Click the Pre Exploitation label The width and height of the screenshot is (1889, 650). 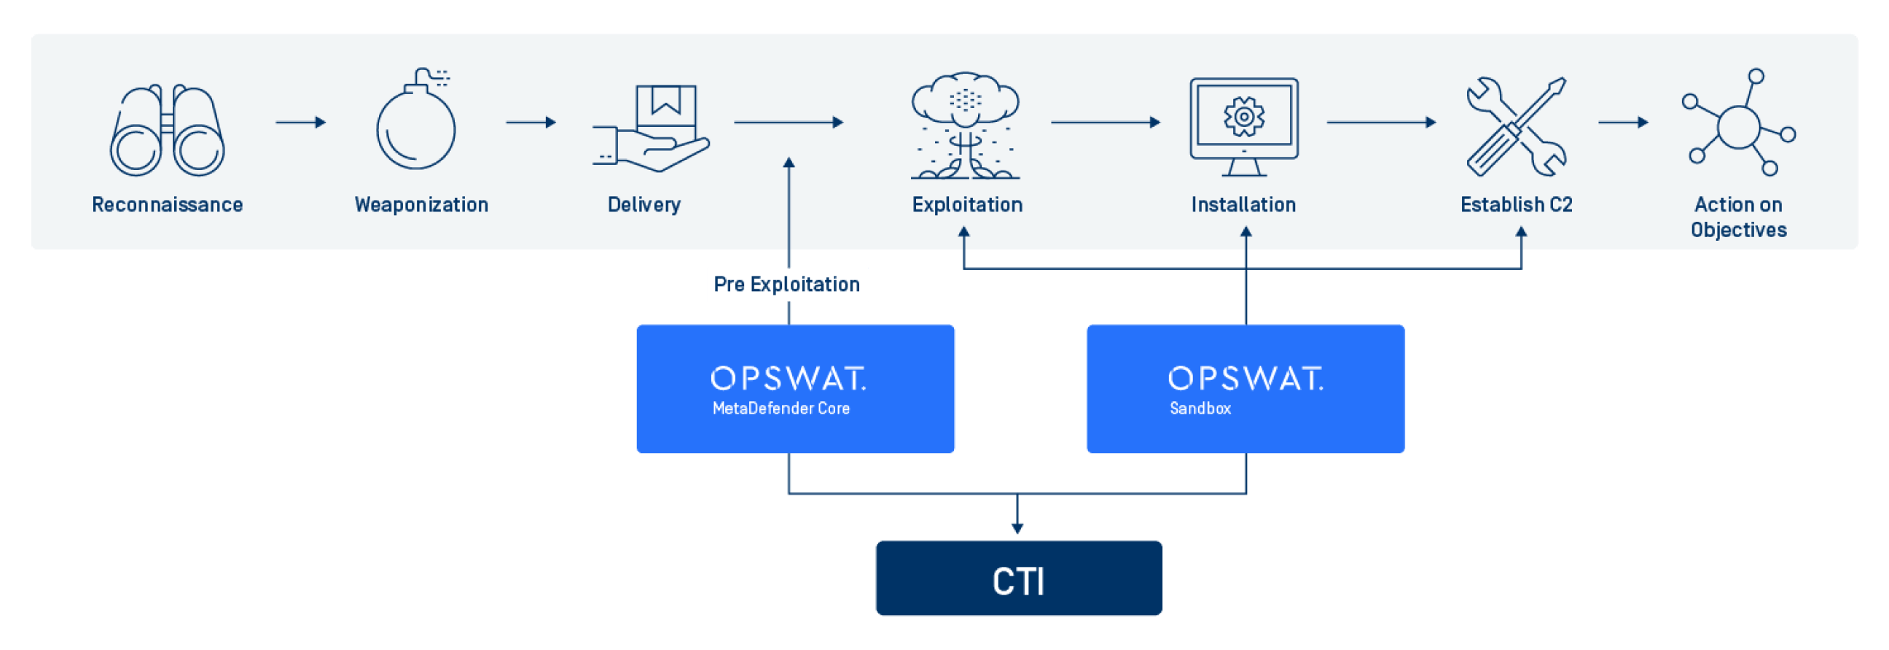tap(787, 285)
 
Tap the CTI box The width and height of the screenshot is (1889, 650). tap(1019, 579)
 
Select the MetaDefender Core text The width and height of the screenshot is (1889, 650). tap(781, 409)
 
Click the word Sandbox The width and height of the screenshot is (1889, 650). tap(1200, 409)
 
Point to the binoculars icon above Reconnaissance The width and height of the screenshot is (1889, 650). tap(167, 131)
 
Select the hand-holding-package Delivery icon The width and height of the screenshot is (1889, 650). tap(652, 128)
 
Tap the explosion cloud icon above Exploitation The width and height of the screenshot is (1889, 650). tap(965, 125)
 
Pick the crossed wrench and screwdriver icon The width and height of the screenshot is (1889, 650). tap(1517, 126)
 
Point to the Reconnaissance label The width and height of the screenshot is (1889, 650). tap(167, 205)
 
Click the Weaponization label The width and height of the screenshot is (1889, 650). tap(422, 205)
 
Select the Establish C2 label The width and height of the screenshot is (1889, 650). tap(1517, 205)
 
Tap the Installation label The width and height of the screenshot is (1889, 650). tap(1244, 205)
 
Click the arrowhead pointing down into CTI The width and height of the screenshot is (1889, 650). tap(1017, 528)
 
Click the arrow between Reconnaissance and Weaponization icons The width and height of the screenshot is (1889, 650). tap(301, 123)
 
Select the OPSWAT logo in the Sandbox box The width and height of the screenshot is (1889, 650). tap(1245, 379)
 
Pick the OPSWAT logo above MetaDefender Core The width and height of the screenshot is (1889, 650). tap(789, 379)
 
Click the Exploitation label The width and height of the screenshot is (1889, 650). tap(966, 205)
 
